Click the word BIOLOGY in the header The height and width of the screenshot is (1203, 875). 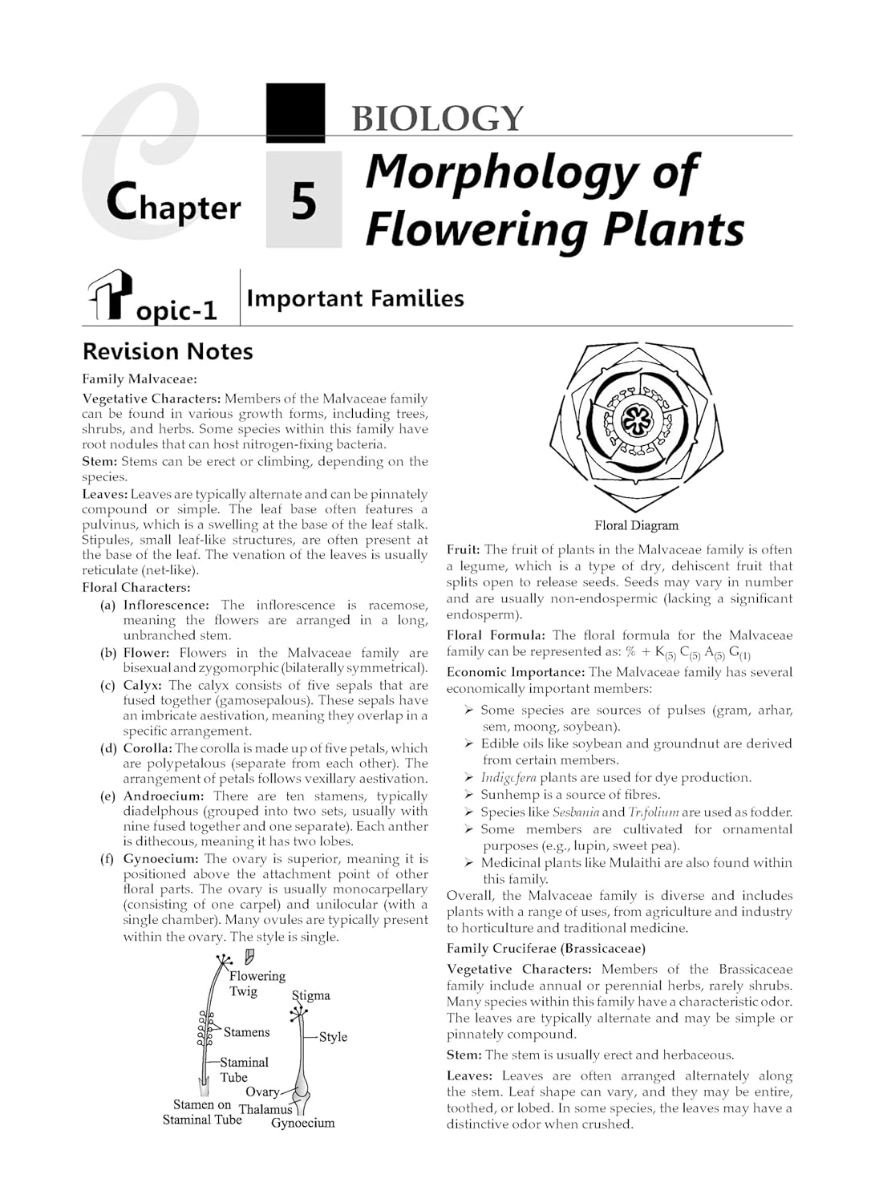[437, 118]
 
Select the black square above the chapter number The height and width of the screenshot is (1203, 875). [295, 112]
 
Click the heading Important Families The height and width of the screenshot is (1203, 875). [355, 298]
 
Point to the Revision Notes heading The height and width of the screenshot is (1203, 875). [168, 351]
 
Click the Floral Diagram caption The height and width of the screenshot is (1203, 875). [636, 525]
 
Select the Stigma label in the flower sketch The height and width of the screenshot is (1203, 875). [311, 995]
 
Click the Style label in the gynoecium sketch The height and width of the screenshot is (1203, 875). [333, 1036]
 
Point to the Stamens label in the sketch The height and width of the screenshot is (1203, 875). [246, 1032]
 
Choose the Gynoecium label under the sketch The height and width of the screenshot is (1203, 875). [302, 1123]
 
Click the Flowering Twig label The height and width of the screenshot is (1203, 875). [257, 983]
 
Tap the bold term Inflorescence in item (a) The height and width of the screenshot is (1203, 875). [166, 605]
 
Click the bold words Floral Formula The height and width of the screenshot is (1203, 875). [496, 635]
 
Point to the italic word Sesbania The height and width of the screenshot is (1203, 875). [576, 812]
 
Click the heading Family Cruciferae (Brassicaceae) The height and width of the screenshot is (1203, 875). [546, 948]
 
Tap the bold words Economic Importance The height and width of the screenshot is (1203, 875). [515, 672]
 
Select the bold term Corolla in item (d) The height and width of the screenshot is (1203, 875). [148, 748]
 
